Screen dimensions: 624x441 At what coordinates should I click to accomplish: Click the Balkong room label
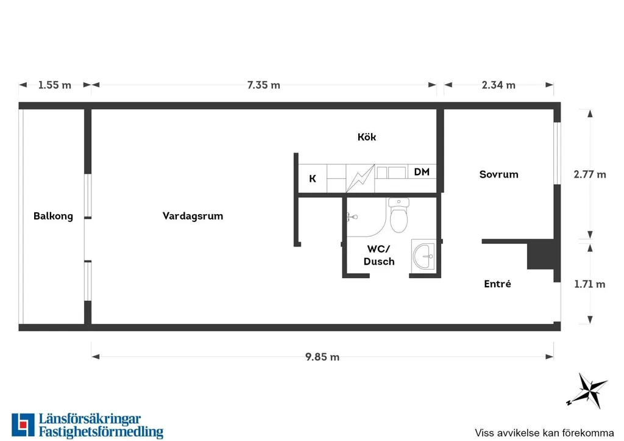tap(54, 217)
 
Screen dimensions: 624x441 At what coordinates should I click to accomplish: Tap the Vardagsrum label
tap(193, 217)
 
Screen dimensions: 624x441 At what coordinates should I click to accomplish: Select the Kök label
tap(366, 137)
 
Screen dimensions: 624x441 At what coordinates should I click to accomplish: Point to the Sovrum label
tap(498, 174)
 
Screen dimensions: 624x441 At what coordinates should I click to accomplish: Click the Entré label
tap(497, 284)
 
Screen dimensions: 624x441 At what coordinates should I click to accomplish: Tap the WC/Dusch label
tap(379, 255)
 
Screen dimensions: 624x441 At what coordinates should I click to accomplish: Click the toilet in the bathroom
tap(399, 215)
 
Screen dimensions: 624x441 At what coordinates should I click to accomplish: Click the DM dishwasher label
tap(422, 171)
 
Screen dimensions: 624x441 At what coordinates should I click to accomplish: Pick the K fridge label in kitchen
tap(313, 179)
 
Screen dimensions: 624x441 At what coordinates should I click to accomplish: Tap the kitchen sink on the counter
tap(391, 173)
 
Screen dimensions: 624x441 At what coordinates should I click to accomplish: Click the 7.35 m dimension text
tap(263, 85)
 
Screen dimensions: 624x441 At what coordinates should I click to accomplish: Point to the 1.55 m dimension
tap(54, 85)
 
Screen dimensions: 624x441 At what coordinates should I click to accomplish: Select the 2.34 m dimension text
tap(498, 85)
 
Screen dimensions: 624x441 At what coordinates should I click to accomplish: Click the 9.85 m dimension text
tap(322, 357)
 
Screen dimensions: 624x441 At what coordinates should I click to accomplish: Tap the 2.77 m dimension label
tap(590, 174)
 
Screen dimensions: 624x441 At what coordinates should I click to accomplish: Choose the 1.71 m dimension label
tap(590, 284)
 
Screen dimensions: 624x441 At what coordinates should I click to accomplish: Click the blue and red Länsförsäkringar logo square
tap(23, 425)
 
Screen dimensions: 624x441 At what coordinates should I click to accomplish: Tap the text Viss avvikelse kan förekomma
tap(544, 433)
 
